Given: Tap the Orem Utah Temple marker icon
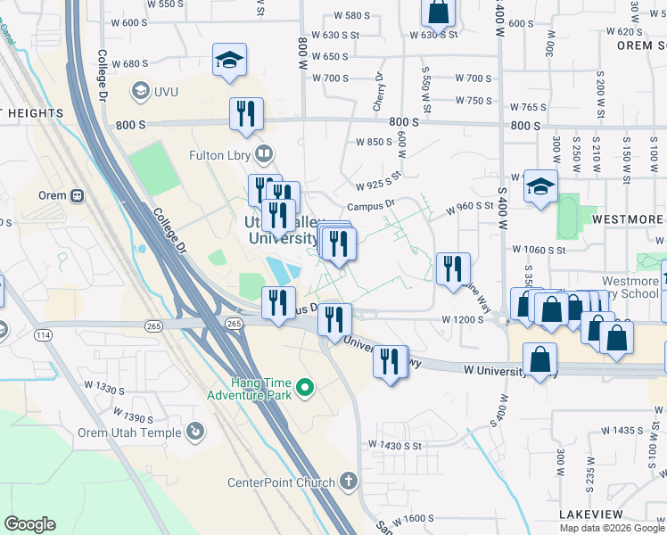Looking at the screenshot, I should click(x=195, y=432).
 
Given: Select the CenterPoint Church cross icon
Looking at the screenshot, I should click(x=349, y=481).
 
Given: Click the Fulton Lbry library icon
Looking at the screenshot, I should click(x=263, y=153).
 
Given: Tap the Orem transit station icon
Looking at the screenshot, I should click(x=78, y=195).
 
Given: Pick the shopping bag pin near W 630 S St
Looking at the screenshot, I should click(x=438, y=12).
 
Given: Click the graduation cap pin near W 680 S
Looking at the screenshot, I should click(x=229, y=61).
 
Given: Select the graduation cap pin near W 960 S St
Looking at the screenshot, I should click(x=539, y=187).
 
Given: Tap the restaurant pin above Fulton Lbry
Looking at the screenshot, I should click(x=245, y=114).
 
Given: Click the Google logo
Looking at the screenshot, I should click(x=29, y=524).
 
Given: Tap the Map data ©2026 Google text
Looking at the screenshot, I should click(x=611, y=528).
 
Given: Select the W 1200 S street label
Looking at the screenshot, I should click(x=461, y=319).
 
